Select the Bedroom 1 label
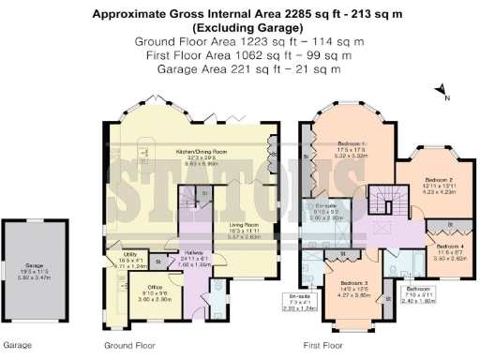click(x=352, y=148)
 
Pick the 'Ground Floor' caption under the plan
click(x=129, y=345)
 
